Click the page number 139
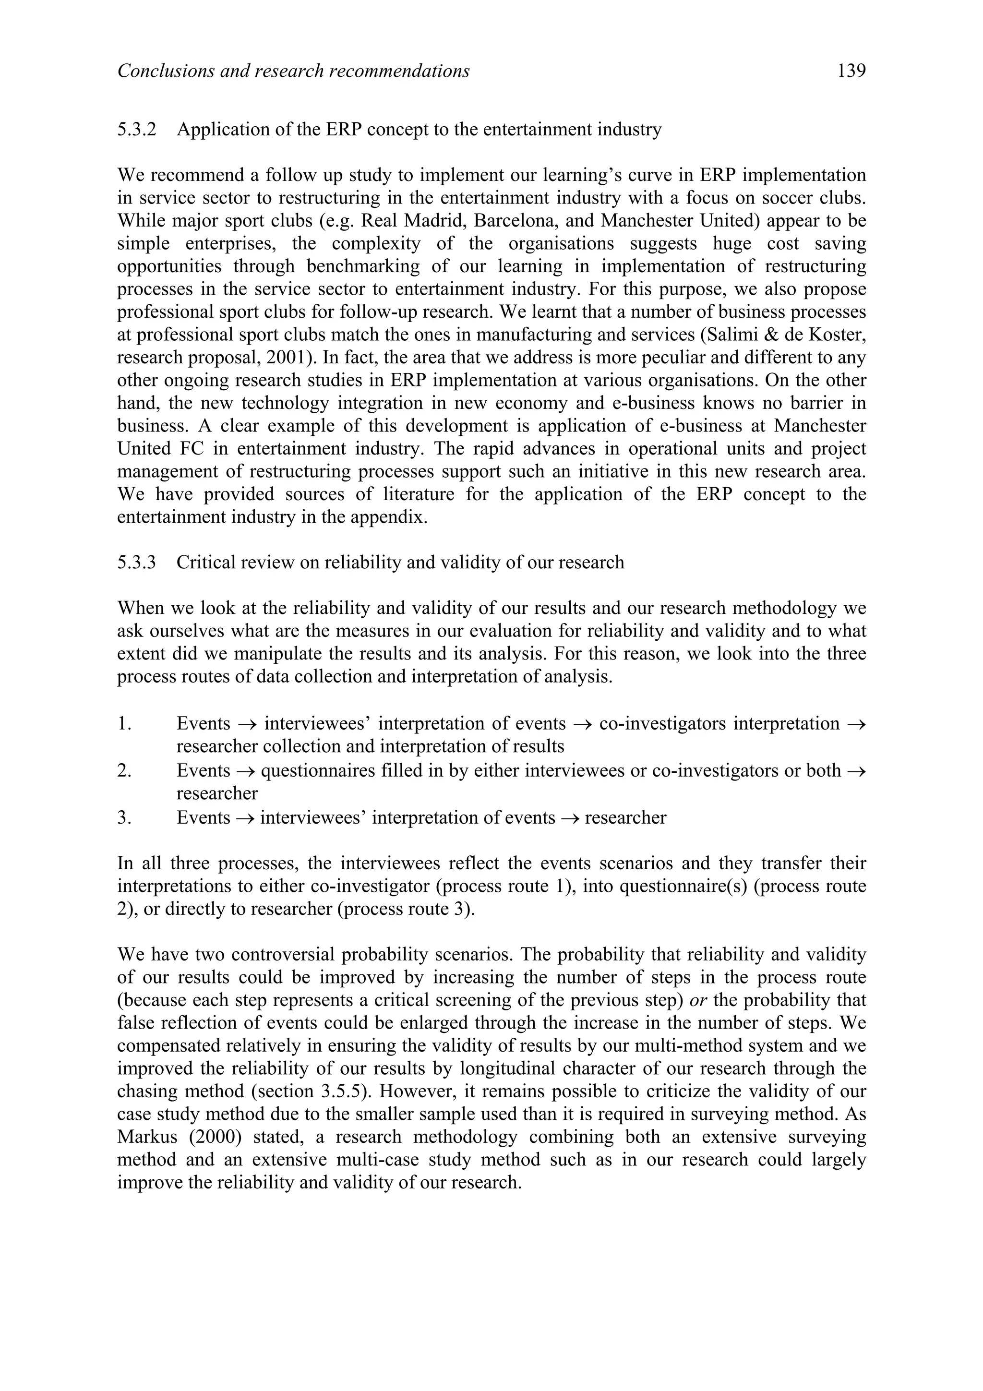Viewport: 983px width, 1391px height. coord(851,72)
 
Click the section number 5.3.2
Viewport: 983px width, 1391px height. coord(136,130)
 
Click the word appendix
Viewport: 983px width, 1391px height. coord(393,518)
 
